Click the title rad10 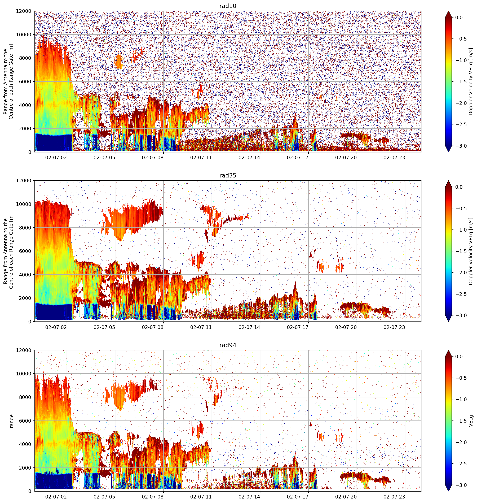(x=228, y=6)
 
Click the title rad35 (x=228, y=176)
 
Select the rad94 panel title (x=228, y=345)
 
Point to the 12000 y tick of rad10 (x=24, y=11)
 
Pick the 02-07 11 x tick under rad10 (x=201, y=158)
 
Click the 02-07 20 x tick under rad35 (x=346, y=327)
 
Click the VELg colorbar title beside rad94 (x=471, y=421)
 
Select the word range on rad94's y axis (x=11, y=421)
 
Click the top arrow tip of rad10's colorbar (x=449, y=11)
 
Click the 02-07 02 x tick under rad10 (x=56, y=158)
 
